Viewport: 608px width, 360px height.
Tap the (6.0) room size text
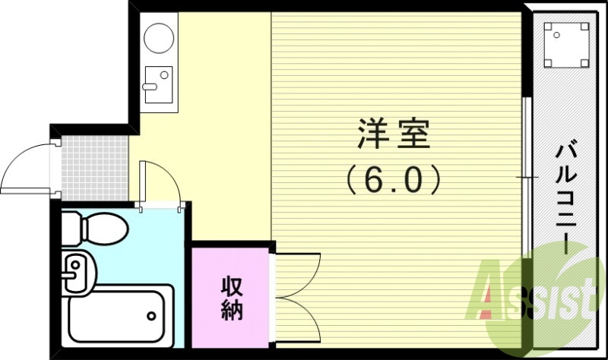pos(394,180)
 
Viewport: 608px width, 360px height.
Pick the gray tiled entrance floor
pos(91,163)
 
